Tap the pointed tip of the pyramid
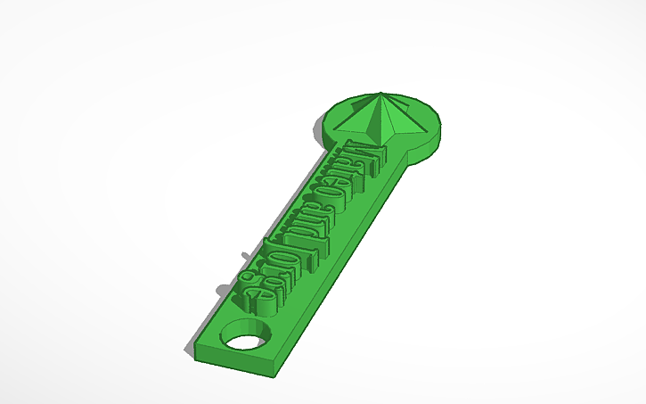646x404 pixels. point(382,93)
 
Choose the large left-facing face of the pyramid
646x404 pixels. point(361,120)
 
